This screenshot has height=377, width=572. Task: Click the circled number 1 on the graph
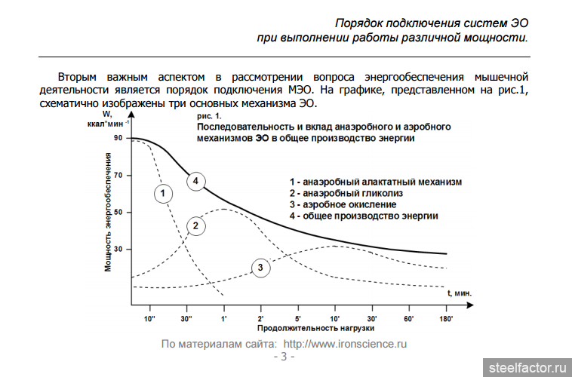pos(162,194)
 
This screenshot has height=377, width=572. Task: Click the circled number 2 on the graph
pos(195,225)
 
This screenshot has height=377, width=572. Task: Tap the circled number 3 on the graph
pos(260,268)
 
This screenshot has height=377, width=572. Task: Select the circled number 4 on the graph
pos(195,181)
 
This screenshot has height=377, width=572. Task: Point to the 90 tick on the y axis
pos(118,138)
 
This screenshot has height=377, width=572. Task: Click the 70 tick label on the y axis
pos(118,175)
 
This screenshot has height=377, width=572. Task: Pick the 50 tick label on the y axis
pos(118,212)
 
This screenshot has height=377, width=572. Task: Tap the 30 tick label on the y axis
pos(118,249)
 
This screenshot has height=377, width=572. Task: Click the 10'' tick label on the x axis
pos(149,319)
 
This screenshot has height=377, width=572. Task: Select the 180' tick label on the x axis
pos(445,319)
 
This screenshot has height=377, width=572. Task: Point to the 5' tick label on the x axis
pos(297,319)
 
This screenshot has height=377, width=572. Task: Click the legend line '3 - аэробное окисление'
pos(343,204)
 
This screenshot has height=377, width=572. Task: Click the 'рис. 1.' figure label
pos(208,117)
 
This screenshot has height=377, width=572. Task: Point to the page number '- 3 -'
pos(284,356)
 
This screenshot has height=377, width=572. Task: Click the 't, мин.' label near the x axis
pos(459,292)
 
